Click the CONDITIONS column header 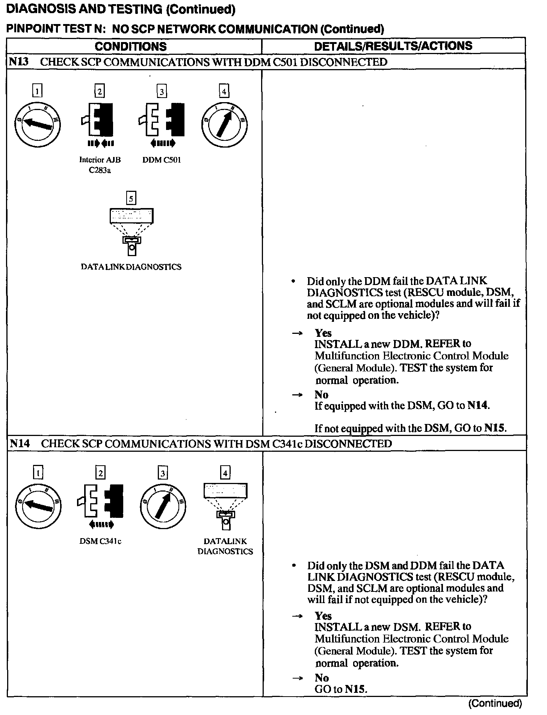[x=130, y=46]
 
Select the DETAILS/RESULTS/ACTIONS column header [x=393, y=46]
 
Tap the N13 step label [x=19, y=62]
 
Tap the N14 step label [x=20, y=443]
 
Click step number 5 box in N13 [x=131, y=198]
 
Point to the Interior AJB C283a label [x=100, y=165]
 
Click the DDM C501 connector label [x=162, y=160]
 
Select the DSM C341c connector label [x=100, y=541]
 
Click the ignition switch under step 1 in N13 [x=38, y=124]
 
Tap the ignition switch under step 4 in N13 [x=224, y=124]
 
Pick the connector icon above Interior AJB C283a [x=98, y=120]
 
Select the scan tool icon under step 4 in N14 [x=225, y=505]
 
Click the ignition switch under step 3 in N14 [x=163, y=505]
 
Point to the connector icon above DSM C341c [x=101, y=501]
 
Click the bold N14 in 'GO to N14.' [x=478, y=406]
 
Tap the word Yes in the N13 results [x=323, y=333]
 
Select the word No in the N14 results [x=322, y=677]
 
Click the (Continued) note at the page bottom [x=495, y=703]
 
